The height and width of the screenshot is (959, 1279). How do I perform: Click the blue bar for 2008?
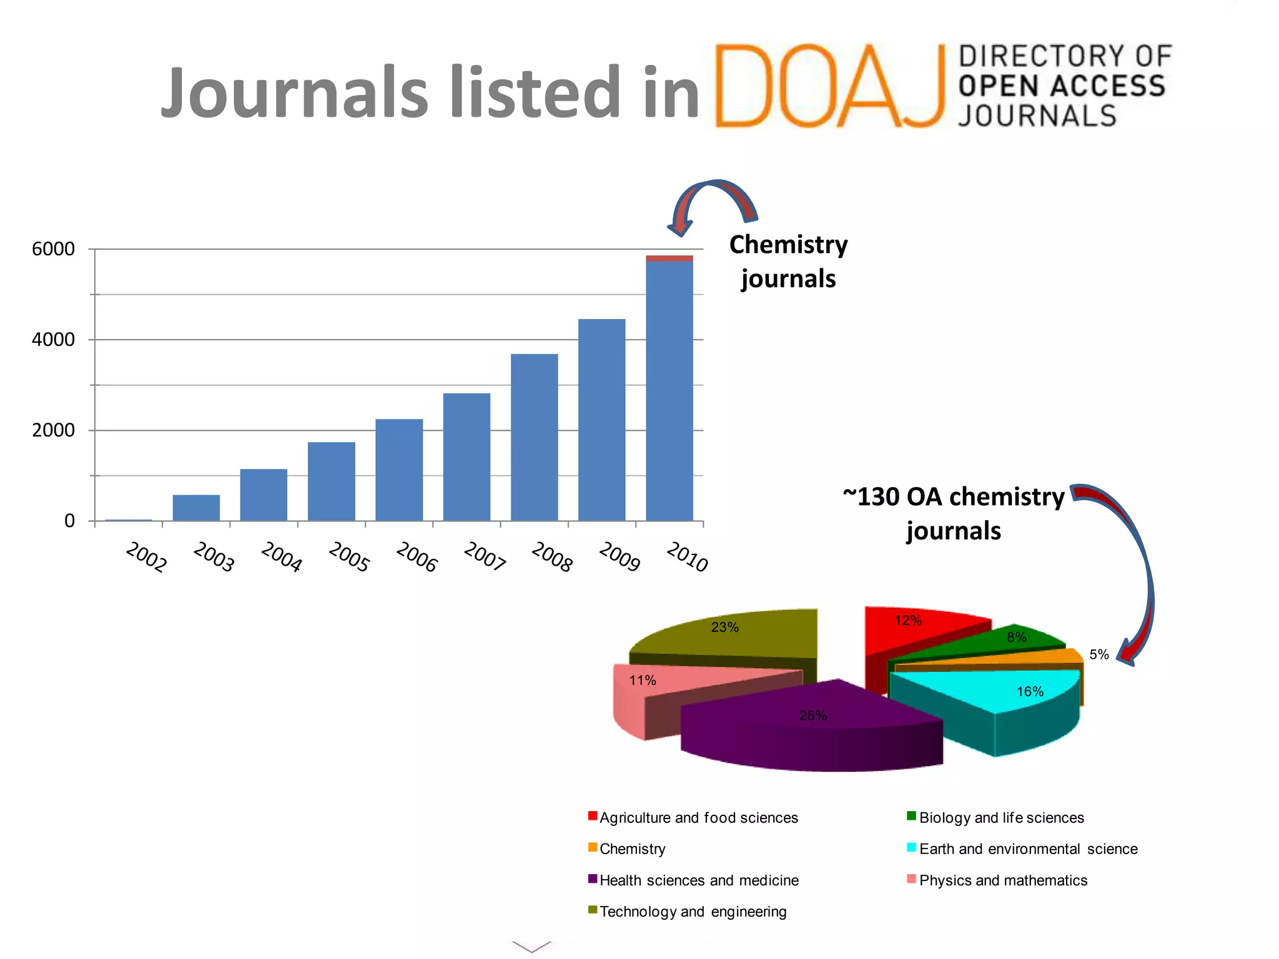[534, 437]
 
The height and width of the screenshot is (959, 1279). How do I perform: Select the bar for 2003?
[196, 508]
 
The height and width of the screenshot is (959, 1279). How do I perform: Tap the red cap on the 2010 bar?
[669, 258]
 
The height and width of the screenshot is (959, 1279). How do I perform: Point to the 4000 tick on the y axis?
[54, 340]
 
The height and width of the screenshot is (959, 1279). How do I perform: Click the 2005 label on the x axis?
[348, 557]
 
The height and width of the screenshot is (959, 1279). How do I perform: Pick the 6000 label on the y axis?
[54, 249]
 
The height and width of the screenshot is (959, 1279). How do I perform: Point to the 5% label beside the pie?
[1099, 654]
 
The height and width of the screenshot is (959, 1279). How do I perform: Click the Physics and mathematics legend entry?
[1002, 880]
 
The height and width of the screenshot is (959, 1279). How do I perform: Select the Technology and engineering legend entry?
[693, 912]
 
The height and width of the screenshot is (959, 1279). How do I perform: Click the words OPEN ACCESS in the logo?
[1062, 86]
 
